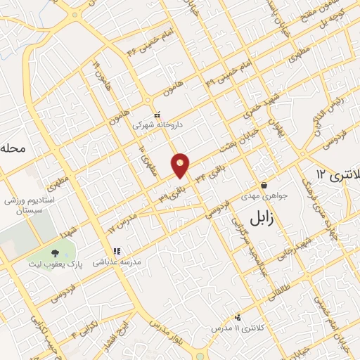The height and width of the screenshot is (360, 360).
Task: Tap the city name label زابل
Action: pyautogui.click(x=245, y=218)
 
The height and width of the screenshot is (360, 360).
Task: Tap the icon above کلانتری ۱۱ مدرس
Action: pyautogui.click(x=238, y=317)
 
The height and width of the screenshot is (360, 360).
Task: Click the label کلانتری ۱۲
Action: pyautogui.click(x=335, y=174)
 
